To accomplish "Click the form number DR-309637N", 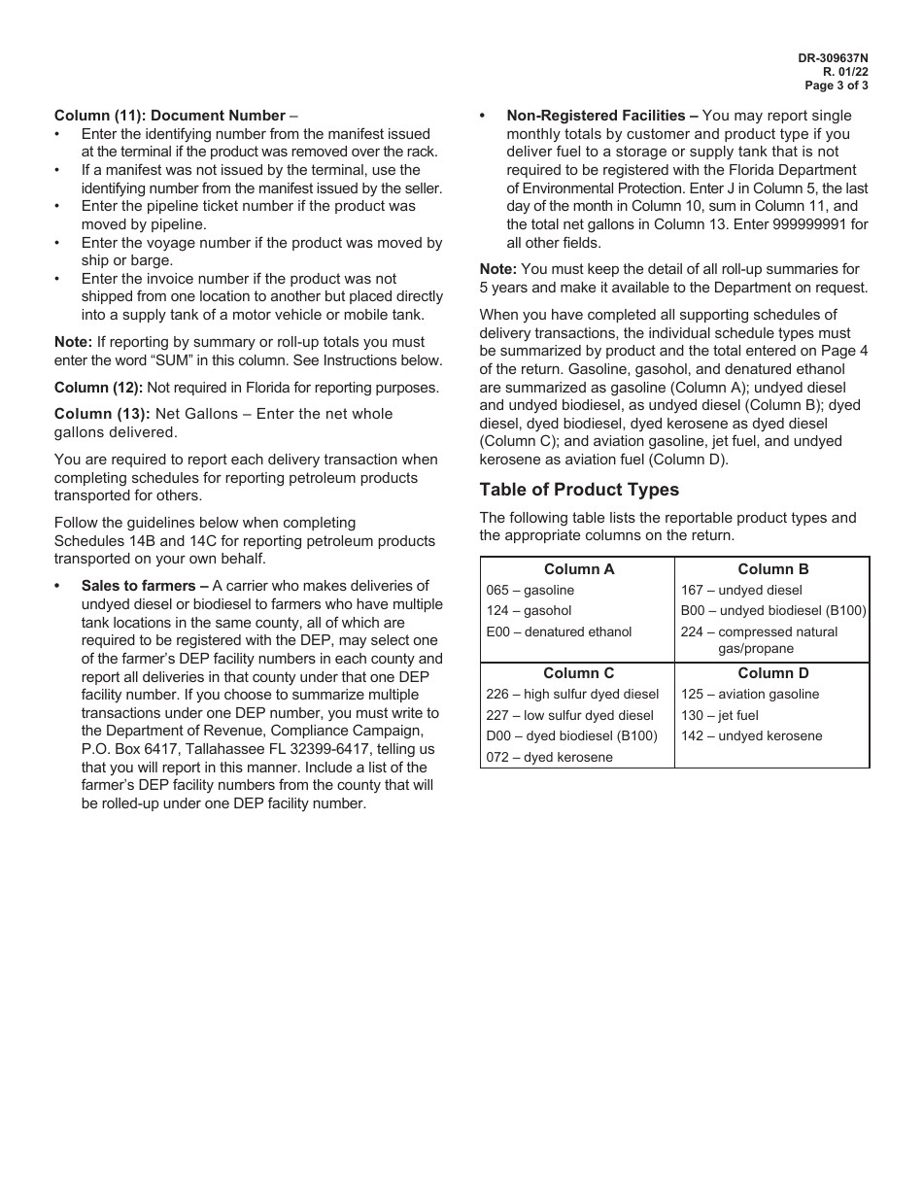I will point(833,58).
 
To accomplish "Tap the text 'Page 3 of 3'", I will point(837,85).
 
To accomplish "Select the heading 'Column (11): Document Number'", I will point(170,116).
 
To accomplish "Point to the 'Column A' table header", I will point(578,569).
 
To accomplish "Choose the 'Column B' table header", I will point(772,569).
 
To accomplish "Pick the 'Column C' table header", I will point(578,673).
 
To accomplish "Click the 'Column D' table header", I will point(772,673).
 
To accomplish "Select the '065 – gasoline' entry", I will point(530,591).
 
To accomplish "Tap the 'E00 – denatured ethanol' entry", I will point(559,632).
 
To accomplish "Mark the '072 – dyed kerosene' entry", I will point(549,758).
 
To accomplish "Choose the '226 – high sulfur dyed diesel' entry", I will point(572,695).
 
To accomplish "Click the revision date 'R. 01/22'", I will point(845,72).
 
